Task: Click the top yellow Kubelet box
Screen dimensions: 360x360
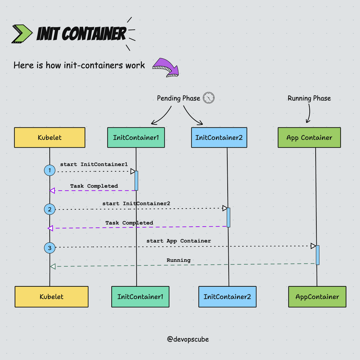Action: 50,137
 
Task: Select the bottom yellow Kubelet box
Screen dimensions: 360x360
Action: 51,297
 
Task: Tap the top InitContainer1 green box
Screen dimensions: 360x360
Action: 136,137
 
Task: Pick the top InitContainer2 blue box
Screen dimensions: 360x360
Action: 219,137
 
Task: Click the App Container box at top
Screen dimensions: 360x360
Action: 309,137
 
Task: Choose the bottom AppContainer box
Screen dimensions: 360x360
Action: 317,297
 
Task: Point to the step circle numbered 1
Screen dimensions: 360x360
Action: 50,171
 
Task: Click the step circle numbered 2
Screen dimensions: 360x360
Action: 50,209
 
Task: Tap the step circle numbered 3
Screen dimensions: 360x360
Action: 50,248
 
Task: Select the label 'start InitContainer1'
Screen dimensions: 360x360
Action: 94,164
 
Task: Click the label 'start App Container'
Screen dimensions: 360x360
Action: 179,241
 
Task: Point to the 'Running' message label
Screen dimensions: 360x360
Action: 179,260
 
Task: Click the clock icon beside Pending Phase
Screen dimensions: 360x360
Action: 209,98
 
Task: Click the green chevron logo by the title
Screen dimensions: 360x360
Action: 22,34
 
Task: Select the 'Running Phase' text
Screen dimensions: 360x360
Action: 309,98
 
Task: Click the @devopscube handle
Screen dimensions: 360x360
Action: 188,339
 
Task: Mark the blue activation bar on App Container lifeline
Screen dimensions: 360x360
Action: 318,255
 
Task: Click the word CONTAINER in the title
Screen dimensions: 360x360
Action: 94,34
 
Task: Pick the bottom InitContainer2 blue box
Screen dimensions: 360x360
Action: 227,297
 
